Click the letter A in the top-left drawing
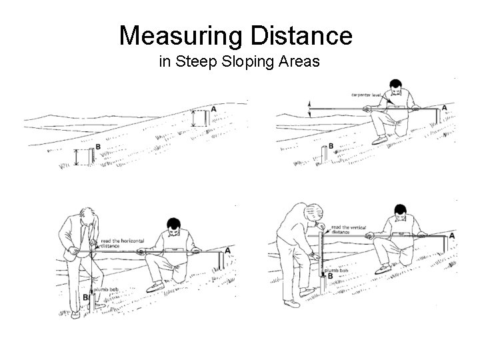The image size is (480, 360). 213,109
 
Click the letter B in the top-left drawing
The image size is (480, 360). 98,147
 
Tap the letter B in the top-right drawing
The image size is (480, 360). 331,145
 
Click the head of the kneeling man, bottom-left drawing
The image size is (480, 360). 174,225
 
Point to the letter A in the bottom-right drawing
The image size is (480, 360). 453,236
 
